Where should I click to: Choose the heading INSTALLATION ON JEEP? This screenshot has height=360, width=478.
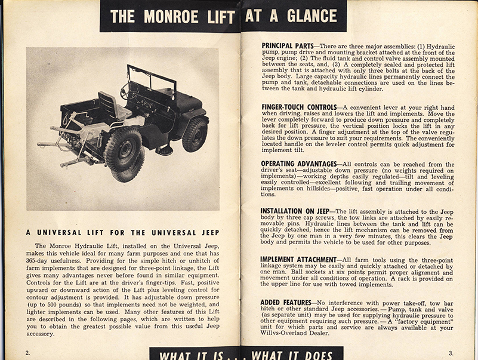[x=297, y=211]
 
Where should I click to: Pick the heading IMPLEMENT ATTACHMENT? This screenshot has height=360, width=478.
[x=299, y=259]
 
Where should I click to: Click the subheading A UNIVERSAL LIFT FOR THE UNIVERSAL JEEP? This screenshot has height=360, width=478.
[x=122, y=232]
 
